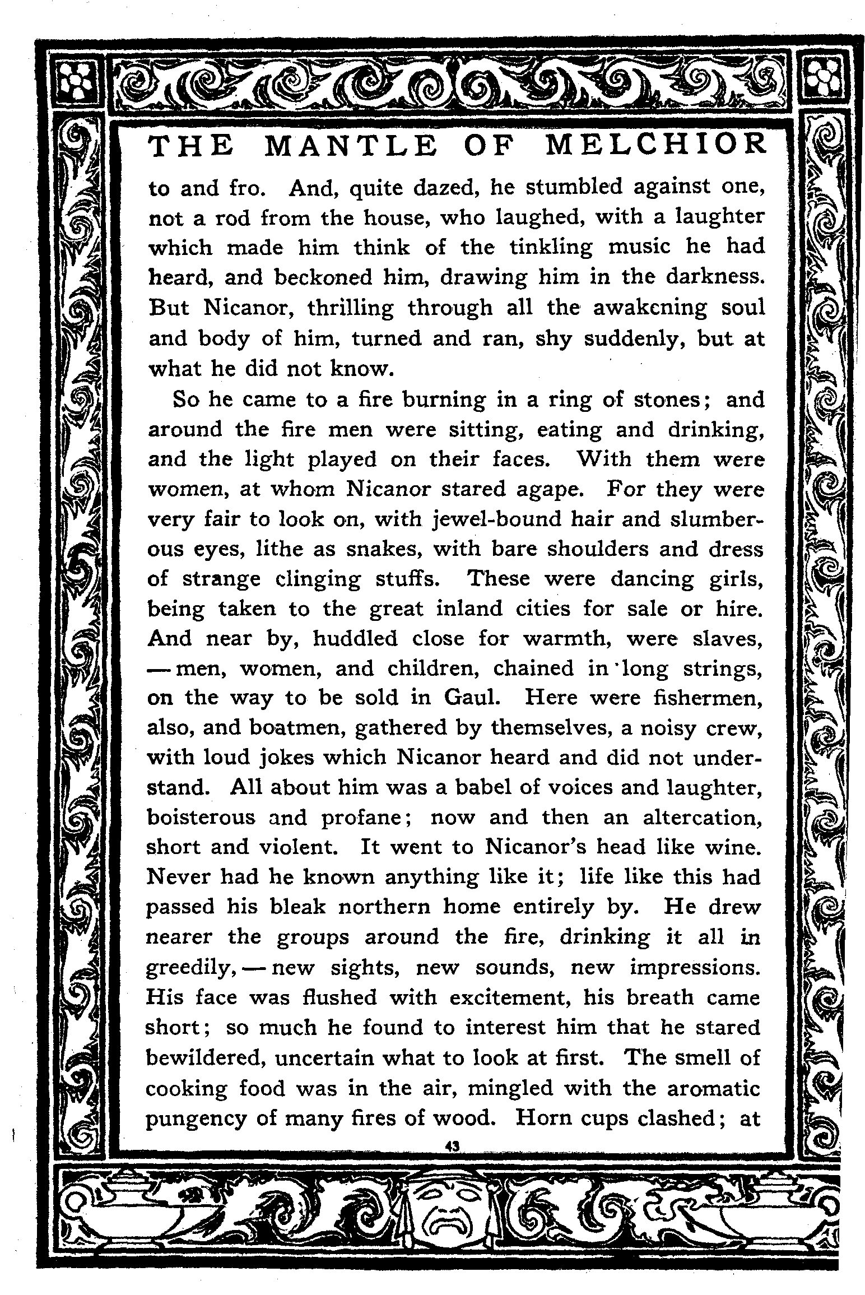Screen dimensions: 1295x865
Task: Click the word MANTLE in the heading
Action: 349,147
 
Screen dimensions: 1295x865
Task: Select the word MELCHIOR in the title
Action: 655,146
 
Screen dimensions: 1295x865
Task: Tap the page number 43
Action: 452,1147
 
